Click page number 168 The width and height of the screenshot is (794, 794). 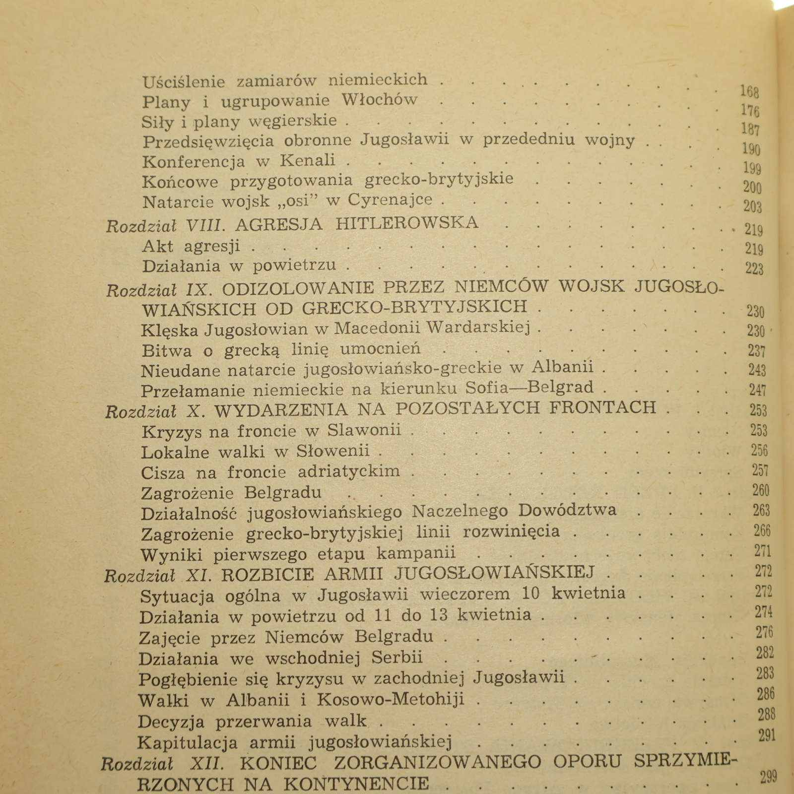(x=749, y=91)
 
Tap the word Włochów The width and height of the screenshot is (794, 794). (x=379, y=100)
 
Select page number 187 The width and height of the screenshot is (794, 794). (x=750, y=129)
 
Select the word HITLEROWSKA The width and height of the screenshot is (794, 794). (x=407, y=223)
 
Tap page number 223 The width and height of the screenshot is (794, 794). (x=754, y=268)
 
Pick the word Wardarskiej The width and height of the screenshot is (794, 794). (x=478, y=328)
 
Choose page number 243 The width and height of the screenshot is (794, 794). (x=757, y=370)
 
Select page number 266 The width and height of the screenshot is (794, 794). (x=762, y=530)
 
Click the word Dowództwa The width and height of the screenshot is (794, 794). (x=567, y=510)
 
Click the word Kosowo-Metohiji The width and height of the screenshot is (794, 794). (x=391, y=699)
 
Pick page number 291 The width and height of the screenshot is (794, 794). (x=767, y=735)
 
